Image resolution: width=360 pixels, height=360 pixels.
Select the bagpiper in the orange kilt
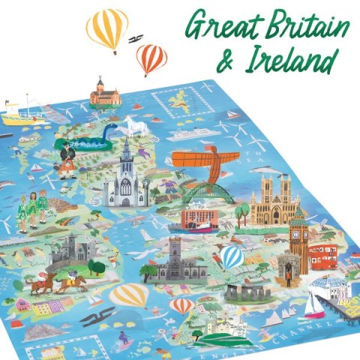coord(70,157)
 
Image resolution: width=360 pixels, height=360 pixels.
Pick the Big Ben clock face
coord(298,229)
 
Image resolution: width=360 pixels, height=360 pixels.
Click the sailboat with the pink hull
coord(314,308)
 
